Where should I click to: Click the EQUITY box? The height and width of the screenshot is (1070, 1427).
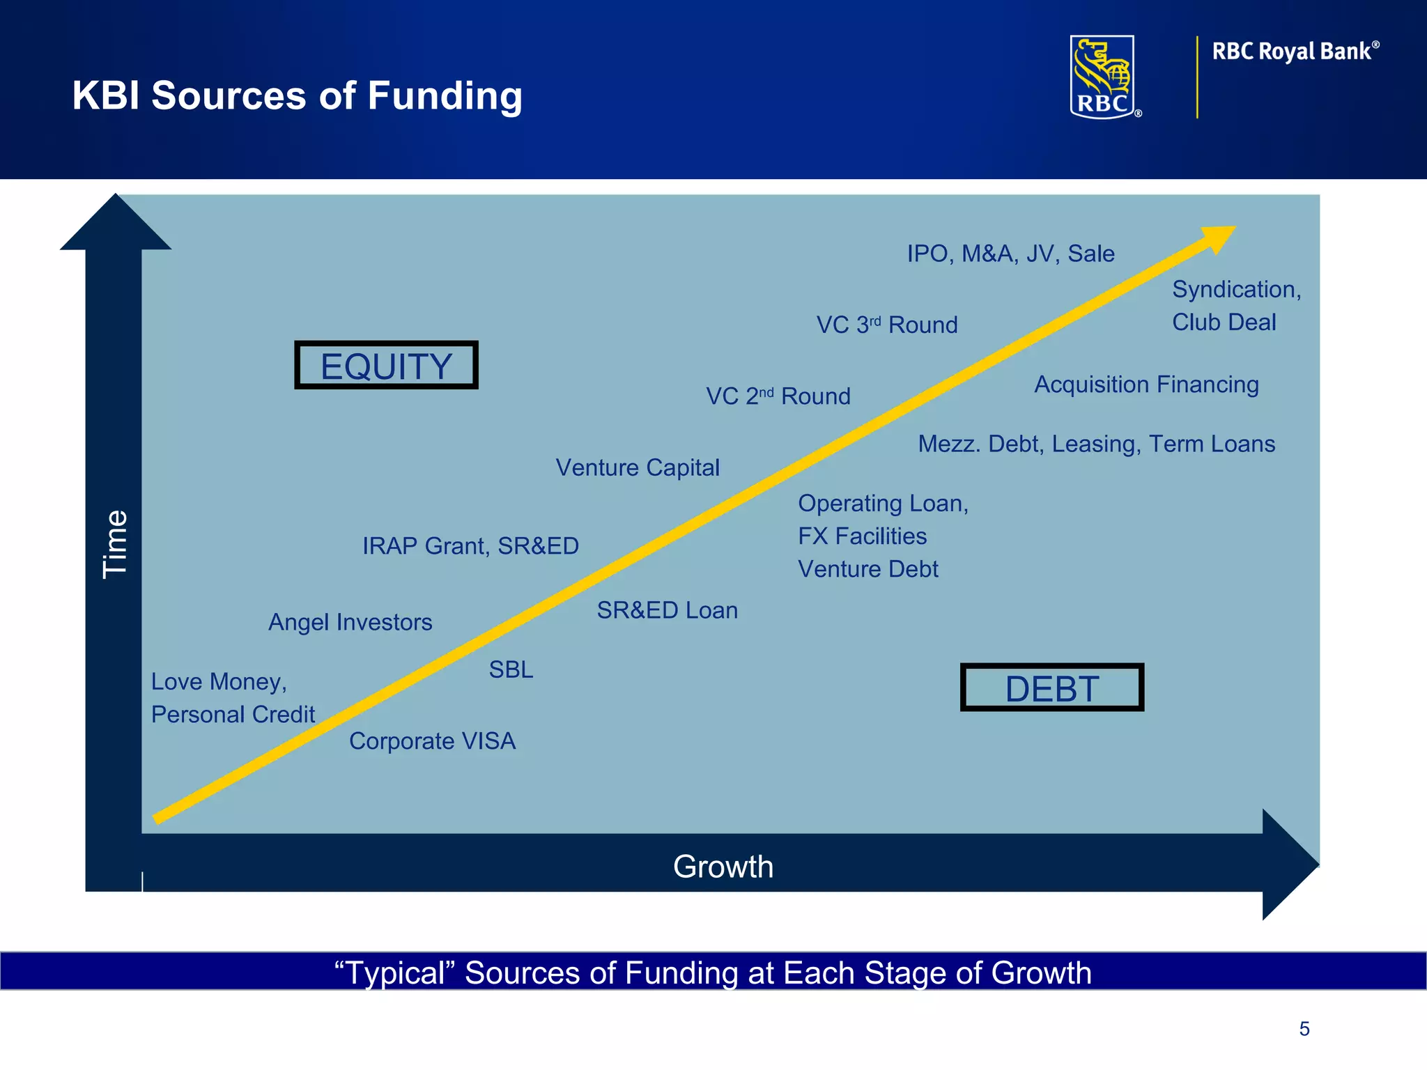[x=386, y=365]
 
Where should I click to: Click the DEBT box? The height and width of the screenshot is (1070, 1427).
[x=1051, y=688]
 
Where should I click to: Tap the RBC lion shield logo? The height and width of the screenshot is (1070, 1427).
[x=1103, y=77]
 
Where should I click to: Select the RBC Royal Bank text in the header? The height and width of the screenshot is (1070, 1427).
[x=1295, y=52]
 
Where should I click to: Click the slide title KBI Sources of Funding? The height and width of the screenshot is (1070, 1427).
[x=297, y=95]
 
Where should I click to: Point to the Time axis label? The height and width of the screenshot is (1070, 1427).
[x=114, y=544]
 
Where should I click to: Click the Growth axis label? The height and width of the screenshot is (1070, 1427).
[x=723, y=867]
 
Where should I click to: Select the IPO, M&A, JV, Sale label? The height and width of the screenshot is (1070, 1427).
[x=1010, y=254]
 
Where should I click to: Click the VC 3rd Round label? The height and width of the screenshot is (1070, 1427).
[x=887, y=325]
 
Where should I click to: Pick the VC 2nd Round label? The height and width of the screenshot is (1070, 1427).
[x=778, y=396]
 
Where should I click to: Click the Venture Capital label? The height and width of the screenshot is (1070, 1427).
[x=637, y=467]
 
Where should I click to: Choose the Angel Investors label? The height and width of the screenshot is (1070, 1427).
[x=350, y=622]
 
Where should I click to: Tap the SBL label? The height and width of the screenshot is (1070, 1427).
[x=511, y=669]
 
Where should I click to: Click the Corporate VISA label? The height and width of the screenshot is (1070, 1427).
[x=432, y=741]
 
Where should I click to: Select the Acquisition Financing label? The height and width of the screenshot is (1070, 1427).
[x=1146, y=385]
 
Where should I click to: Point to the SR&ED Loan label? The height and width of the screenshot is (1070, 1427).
[x=667, y=610]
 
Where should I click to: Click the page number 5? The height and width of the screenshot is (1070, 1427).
[x=1304, y=1029]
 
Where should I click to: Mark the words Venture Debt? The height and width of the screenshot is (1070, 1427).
[x=867, y=569]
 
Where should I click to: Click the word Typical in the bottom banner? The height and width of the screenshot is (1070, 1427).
[x=396, y=972]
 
